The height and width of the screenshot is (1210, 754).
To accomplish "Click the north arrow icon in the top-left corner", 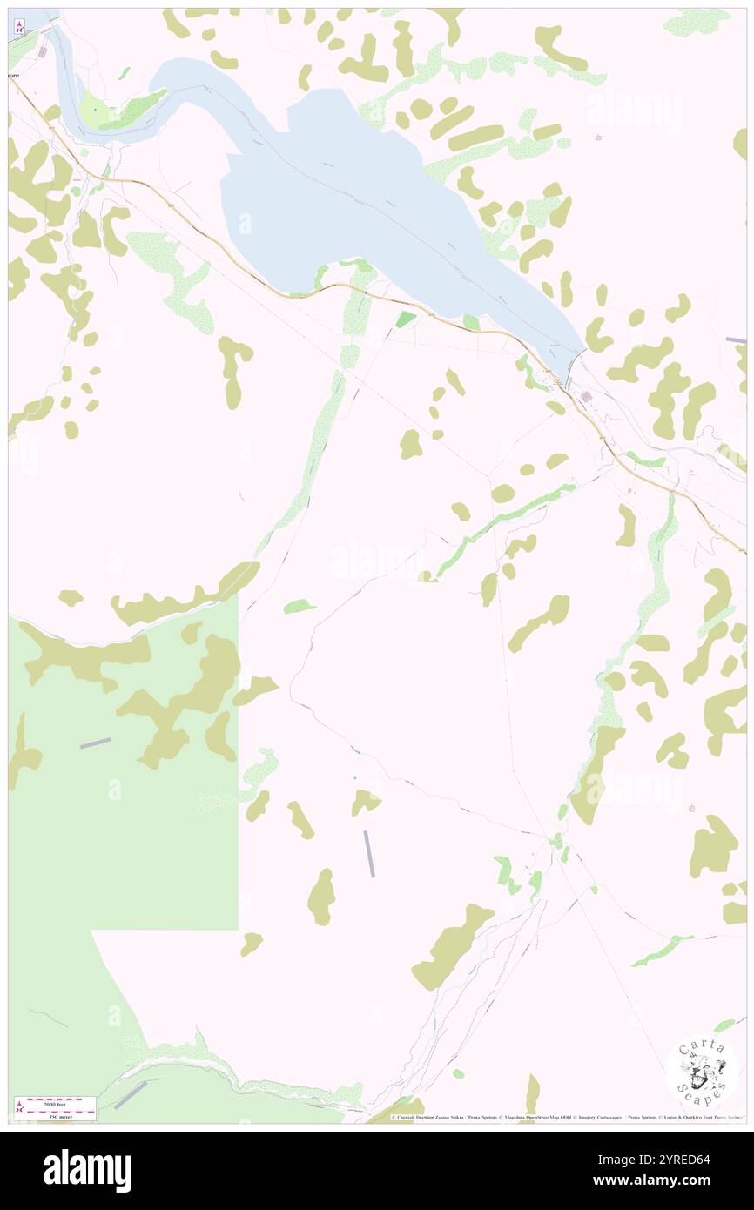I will point(19,26).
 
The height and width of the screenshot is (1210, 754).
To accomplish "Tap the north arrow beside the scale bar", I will point(19,1106).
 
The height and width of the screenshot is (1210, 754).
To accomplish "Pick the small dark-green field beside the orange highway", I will point(406,320).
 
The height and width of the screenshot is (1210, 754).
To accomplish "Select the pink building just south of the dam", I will point(586,397).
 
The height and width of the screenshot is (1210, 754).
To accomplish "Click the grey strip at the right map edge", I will point(737,339).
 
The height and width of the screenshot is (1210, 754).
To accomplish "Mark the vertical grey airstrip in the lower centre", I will point(370,853).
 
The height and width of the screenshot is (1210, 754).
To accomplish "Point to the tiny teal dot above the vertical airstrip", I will point(354,777).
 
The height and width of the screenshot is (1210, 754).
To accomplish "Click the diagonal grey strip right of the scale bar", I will point(130,1094).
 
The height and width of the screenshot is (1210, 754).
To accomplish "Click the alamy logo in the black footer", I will point(87,1170).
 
